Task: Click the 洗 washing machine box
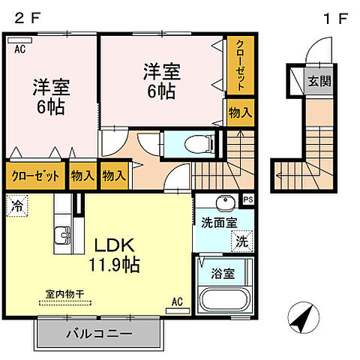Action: pyautogui.click(x=241, y=242)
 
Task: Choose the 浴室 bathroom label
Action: pyautogui.click(x=223, y=274)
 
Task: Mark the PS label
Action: pyautogui.click(x=247, y=199)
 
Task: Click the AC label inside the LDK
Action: pyautogui.click(x=177, y=302)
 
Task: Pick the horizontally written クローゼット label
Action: pyautogui.click(x=34, y=177)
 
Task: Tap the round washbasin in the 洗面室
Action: pyautogui.click(x=222, y=204)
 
